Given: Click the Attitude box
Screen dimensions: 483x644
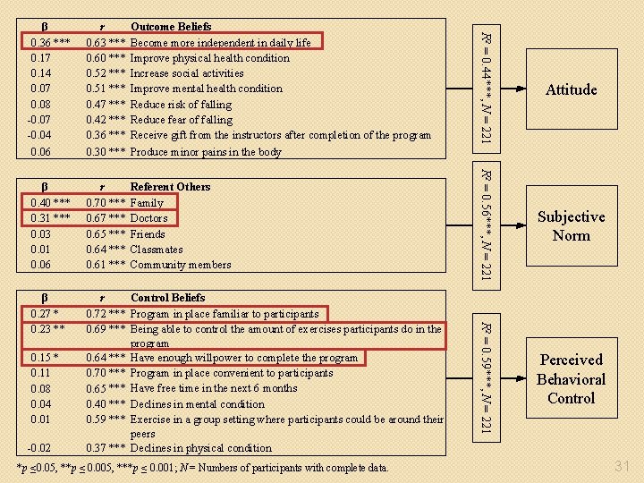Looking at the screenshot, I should click(x=571, y=89).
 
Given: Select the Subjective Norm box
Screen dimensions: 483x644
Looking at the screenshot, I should click(x=571, y=226).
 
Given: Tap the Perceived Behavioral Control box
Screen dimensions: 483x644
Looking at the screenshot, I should click(x=571, y=379).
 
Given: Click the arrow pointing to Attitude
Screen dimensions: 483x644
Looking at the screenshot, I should click(x=513, y=89).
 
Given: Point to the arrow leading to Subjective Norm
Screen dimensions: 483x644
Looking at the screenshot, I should click(x=513, y=225).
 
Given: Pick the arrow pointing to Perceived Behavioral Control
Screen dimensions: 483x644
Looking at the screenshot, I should click(x=513, y=378).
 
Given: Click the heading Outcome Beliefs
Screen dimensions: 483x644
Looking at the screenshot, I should click(x=171, y=27).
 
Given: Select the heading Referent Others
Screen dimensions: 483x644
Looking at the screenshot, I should click(x=170, y=187).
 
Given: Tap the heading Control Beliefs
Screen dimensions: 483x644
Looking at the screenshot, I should click(x=167, y=298).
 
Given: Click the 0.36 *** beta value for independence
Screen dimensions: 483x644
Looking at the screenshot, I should click(x=50, y=42).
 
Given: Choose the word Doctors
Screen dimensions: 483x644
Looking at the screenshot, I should click(x=148, y=218).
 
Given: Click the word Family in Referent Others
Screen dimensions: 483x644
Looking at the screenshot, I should click(x=147, y=203).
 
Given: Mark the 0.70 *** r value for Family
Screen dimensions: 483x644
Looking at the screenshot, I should click(x=105, y=203).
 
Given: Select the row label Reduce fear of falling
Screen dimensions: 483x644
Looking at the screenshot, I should click(x=181, y=120).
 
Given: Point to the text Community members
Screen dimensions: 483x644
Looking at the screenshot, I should click(x=180, y=265).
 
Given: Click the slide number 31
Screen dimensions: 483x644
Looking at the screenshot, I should click(x=623, y=464).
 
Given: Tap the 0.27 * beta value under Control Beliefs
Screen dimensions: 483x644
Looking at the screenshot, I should click(x=45, y=314).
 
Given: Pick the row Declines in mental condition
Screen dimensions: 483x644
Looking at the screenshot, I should click(x=197, y=404).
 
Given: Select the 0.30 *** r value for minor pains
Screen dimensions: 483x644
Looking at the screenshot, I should click(x=105, y=152).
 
